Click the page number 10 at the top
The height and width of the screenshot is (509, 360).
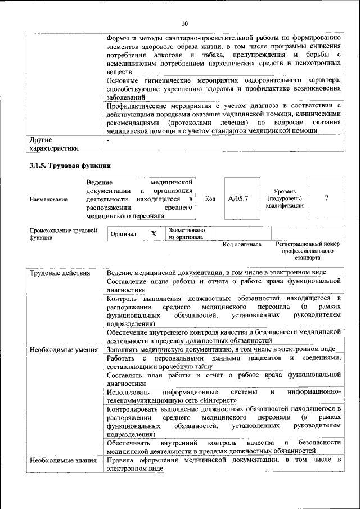[184, 24]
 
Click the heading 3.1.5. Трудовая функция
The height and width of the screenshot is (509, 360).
[70, 166]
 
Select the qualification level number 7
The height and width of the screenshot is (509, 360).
[327, 198]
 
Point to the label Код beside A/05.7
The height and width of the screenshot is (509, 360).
[210, 199]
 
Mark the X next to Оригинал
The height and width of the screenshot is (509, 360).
[154, 233]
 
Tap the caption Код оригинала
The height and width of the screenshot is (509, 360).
[242, 245]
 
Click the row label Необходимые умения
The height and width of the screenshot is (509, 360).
[62, 349]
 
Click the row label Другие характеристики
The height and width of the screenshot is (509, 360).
[54, 143]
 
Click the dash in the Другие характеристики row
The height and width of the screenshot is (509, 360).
[108, 139]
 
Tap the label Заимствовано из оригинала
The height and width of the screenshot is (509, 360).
[187, 233]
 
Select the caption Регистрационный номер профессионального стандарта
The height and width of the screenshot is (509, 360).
[308, 251]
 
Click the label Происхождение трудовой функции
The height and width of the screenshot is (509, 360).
[63, 234]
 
